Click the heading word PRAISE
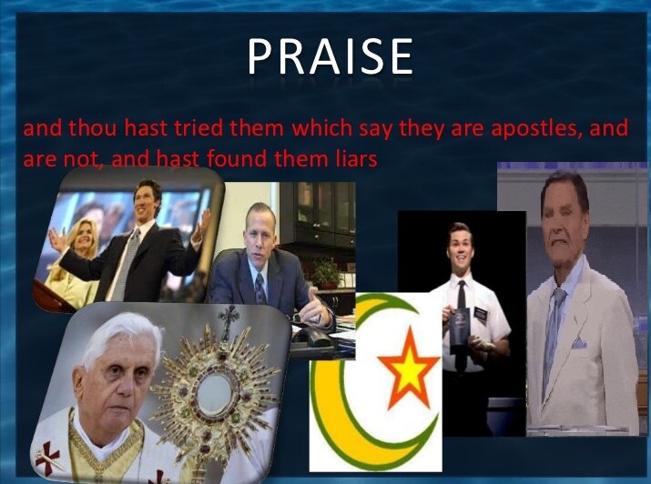click(x=331, y=56)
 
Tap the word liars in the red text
click(x=357, y=158)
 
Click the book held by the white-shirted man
click(x=461, y=326)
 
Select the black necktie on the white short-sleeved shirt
click(x=462, y=295)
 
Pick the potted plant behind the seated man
click(x=326, y=272)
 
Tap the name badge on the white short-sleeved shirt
click(x=480, y=313)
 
